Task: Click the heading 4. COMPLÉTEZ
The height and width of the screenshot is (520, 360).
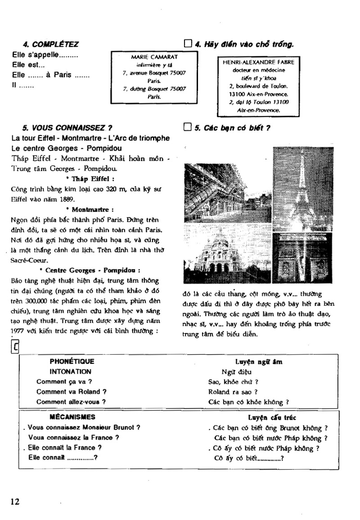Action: (50, 44)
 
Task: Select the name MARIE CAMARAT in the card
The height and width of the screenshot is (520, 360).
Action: (154, 57)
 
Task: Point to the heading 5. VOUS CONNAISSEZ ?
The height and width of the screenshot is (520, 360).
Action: (67, 127)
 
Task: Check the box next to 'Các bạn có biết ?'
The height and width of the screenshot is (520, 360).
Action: (188, 127)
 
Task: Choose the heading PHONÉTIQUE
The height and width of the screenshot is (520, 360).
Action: (72, 361)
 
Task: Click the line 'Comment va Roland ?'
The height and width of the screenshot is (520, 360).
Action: (72, 392)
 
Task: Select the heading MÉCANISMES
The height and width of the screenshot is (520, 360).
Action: (72, 417)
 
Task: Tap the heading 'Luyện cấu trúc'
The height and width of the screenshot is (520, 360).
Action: (265, 418)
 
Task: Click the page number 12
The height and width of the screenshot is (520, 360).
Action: (15, 502)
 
